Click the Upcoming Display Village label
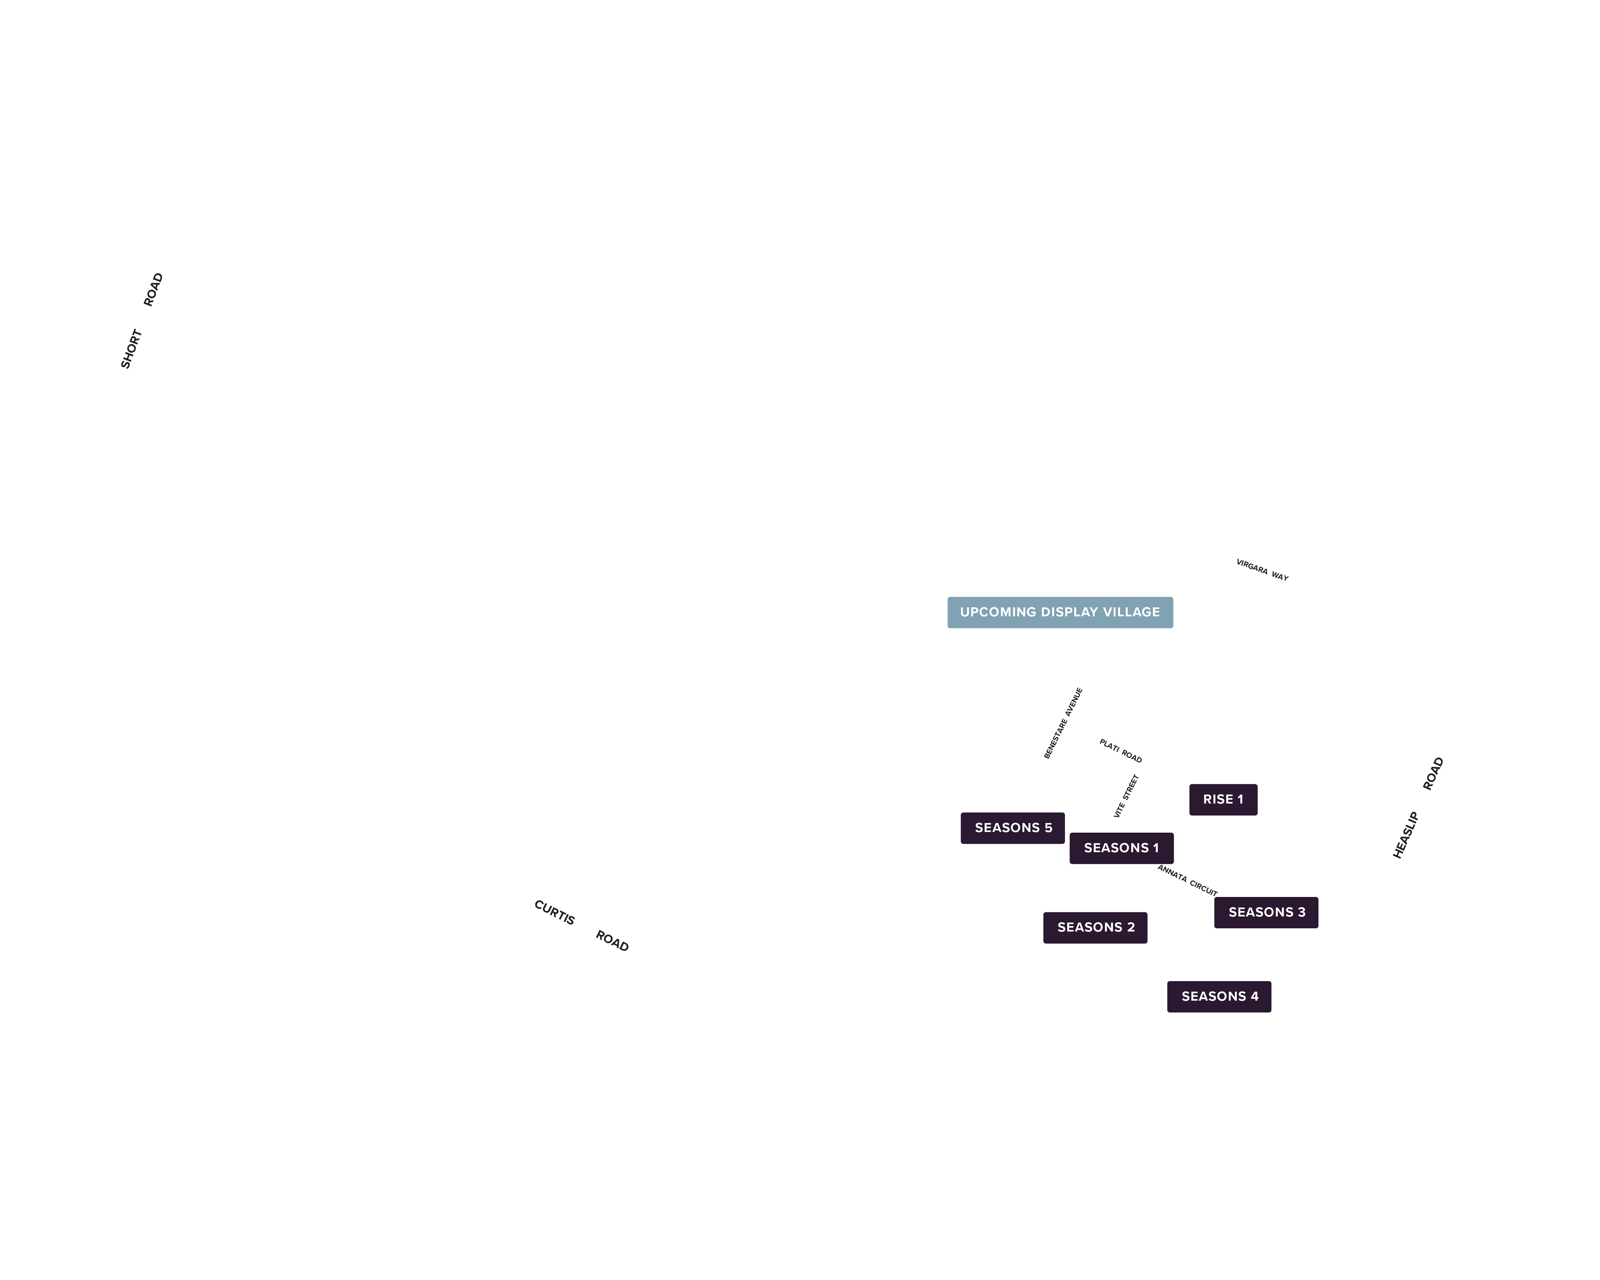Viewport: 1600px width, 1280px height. (1060, 612)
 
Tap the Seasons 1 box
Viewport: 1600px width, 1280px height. (1121, 848)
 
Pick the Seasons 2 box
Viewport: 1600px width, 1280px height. (1095, 928)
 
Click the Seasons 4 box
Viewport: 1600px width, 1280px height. (1219, 996)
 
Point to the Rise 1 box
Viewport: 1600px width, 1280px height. (1223, 799)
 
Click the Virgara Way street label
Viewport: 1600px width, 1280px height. (1262, 570)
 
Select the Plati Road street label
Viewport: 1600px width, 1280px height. (1121, 751)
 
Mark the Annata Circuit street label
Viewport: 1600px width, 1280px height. (1188, 881)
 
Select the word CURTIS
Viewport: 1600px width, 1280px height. (554, 912)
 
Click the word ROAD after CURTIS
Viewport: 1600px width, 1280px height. (612, 941)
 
